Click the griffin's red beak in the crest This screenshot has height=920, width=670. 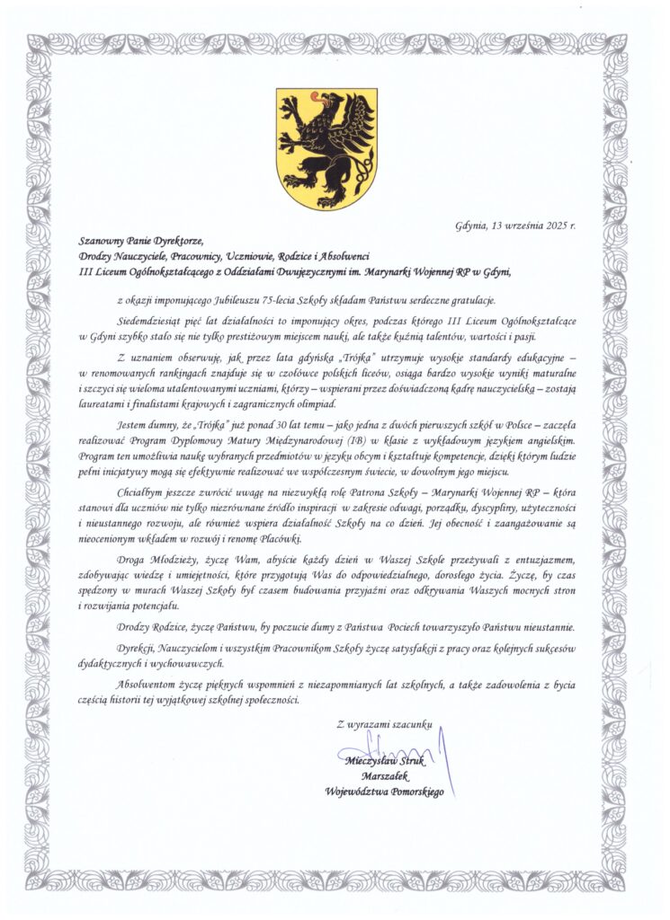coord(314,96)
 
